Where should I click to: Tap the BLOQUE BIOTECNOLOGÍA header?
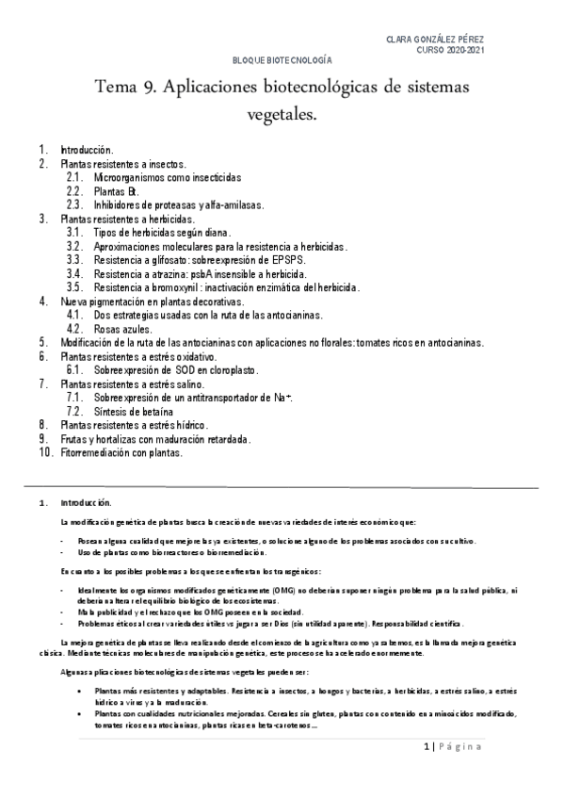[282, 59]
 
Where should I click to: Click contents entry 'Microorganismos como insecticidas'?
[168, 177]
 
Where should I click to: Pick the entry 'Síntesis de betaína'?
[133, 412]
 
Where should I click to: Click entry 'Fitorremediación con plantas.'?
[121, 452]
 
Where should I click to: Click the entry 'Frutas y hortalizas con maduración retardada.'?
[155, 439]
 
